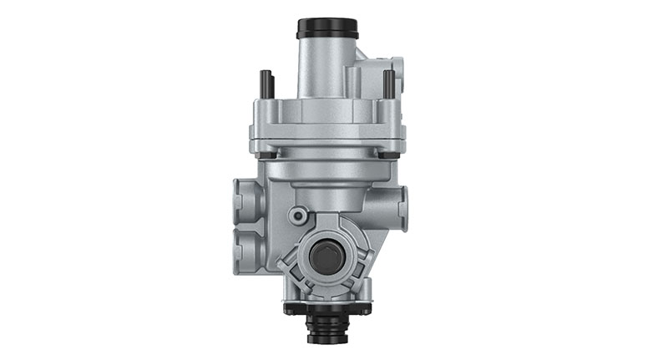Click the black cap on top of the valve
click(327, 27)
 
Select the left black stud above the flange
click(266, 84)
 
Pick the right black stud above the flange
click(388, 84)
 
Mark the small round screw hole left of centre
click(295, 215)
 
